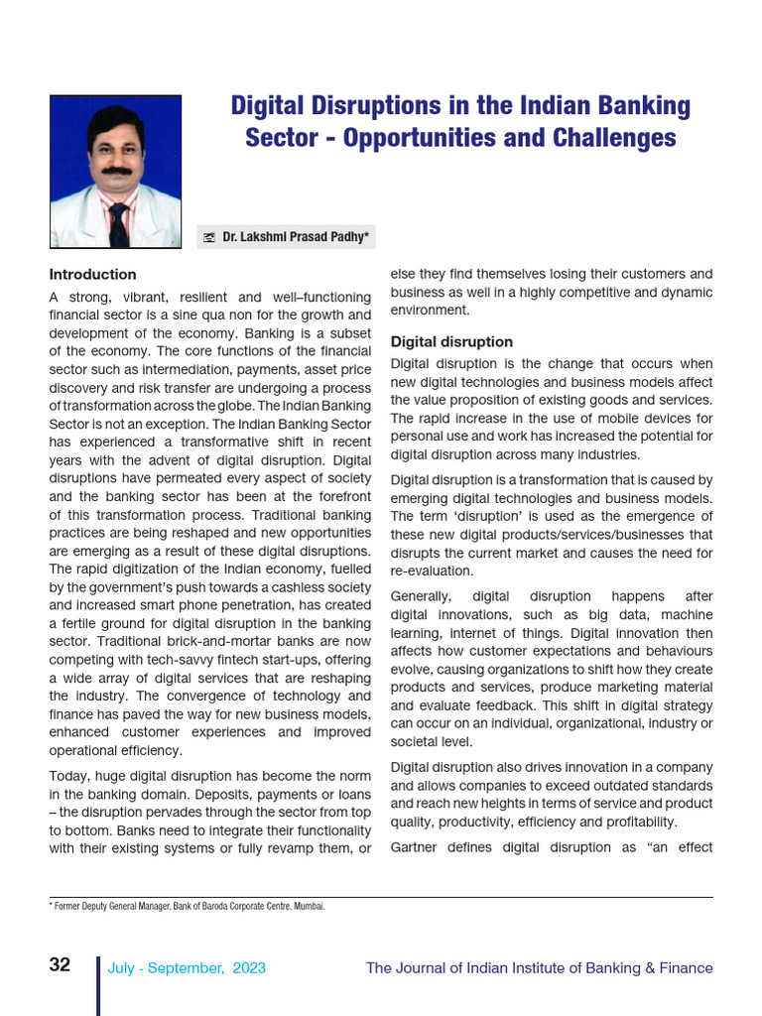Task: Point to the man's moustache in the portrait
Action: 116,171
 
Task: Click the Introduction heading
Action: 92,275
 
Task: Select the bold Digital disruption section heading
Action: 451,342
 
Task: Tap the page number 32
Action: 60,965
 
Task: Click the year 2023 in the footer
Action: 249,968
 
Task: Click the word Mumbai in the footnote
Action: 309,906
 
